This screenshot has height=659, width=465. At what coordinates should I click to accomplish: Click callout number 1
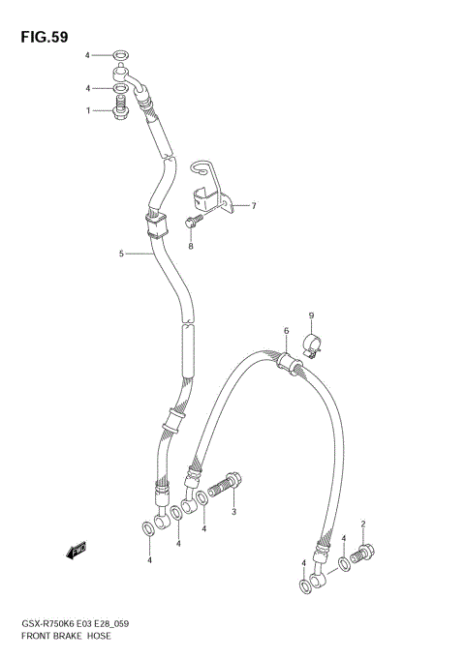click(x=88, y=110)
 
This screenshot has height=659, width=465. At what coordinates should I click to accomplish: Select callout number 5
click(x=122, y=254)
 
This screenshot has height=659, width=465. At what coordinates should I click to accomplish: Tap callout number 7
click(x=254, y=205)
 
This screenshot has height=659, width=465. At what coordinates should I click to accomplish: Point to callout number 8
click(x=191, y=246)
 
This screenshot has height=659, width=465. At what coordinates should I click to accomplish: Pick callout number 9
click(x=312, y=315)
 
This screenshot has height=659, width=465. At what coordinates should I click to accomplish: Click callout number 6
click(x=287, y=331)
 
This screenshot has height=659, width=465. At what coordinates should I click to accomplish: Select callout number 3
click(x=233, y=512)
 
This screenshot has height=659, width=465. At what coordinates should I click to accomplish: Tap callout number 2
click(x=363, y=524)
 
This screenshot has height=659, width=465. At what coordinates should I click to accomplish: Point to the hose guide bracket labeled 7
click(x=215, y=192)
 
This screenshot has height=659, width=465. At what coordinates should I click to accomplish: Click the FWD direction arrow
click(x=77, y=551)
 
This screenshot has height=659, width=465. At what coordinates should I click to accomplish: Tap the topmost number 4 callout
click(x=88, y=55)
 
